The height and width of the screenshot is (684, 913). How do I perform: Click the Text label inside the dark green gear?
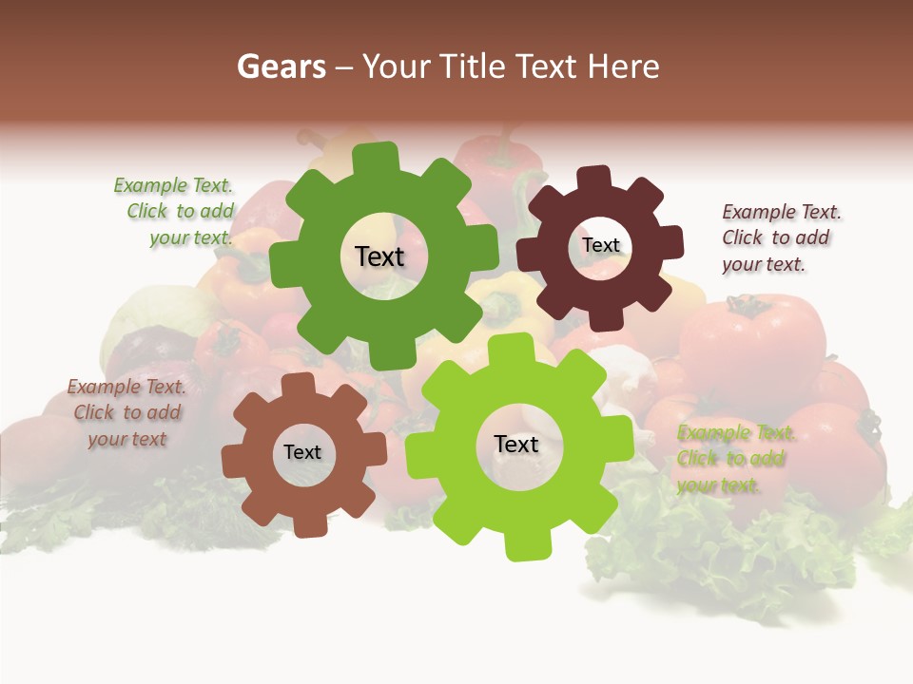coord(379,256)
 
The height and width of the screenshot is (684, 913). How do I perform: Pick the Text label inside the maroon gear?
coord(601,245)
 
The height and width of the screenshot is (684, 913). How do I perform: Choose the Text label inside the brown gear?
coord(302,452)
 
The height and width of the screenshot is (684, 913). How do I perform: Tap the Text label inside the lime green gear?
coord(516,444)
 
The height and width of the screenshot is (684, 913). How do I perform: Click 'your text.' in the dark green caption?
coord(191,237)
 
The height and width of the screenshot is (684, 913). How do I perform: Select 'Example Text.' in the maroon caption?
coord(782,212)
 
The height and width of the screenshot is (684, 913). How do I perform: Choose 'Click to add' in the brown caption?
coord(127,412)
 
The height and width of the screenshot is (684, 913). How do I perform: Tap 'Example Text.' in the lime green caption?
coord(736,433)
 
